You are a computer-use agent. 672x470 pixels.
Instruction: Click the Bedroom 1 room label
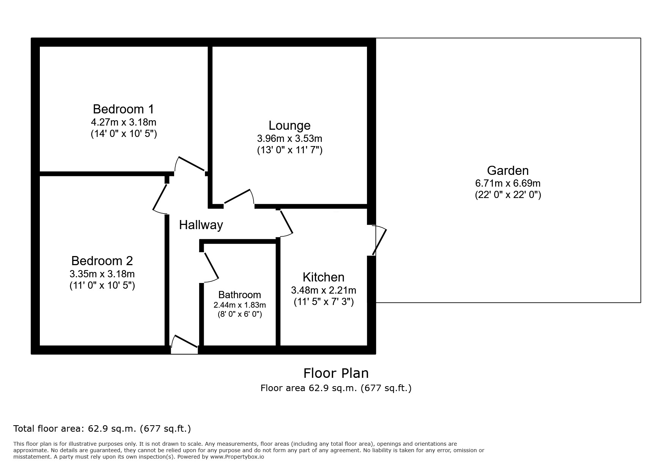pyautogui.click(x=123, y=109)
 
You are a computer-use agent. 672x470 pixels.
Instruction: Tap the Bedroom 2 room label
pyautogui.click(x=102, y=261)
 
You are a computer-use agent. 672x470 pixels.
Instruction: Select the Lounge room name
pyautogui.click(x=290, y=126)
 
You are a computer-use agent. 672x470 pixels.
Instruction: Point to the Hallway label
pyautogui.click(x=201, y=225)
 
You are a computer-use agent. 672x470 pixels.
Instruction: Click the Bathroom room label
pyautogui.click(x=239, y=295)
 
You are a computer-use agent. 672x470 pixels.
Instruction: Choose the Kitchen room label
pyautogui.click(x=323, y=277)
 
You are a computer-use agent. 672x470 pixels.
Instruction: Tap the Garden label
pyautogui.click(x=508, y=171)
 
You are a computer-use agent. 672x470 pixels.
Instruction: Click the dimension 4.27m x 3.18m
pyautogui.click(x=123, y=123)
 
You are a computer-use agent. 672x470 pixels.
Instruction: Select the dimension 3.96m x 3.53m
pyautogui.click(x=290, y=138)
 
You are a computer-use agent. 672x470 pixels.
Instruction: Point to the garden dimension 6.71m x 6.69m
pyautogui.click(x=508, y=183)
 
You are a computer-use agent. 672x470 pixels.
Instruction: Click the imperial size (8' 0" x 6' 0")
pyautogui.click(x=239, y=314)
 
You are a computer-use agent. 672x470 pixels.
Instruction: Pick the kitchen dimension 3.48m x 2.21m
pyautogui.click(x=323, y=291)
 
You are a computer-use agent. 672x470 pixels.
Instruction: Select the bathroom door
pyautogui.click(x=211, y=266)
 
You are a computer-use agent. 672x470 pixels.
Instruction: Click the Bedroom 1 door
pyautogui.click(x=191, y=164)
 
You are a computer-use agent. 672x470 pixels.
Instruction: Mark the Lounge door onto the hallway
pyautogui.click(x=238, y=196)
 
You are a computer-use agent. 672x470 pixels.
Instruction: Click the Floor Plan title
pyautogui.click(x=336, y=373)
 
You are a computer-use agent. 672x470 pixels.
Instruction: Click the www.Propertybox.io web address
pyautogui.click(x=237, y=457)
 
